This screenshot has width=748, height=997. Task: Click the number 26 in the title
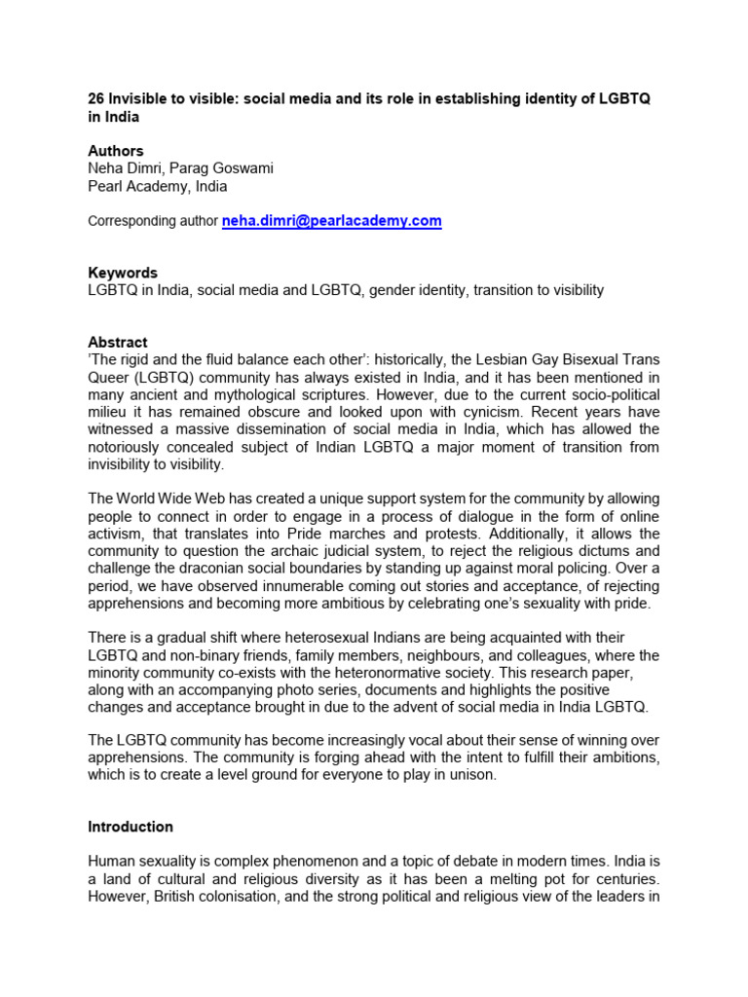[x=96, y=98]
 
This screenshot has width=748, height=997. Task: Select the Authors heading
[x=115, y=151]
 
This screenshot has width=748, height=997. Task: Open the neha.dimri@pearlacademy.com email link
[x=332, y=221]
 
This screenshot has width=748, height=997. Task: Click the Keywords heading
[x=122, y=274]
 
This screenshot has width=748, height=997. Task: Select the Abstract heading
[x=118, y=343]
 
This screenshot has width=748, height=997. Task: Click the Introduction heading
[x=131, y=827]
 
